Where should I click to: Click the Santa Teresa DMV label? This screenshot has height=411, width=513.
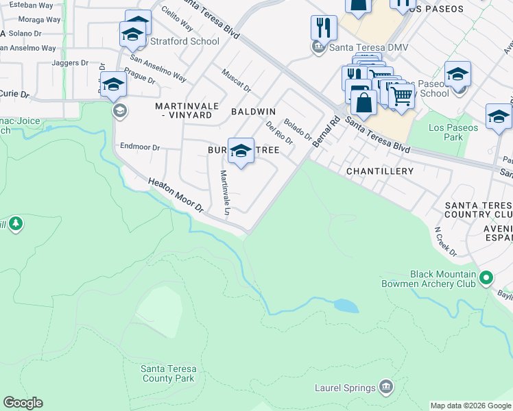pyautogui.click(x=362, y=47)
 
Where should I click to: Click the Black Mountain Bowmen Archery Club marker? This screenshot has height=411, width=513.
pyautogui.click(x=486, y=278)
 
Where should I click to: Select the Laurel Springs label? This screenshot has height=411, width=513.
pyautogui.click(x=345, y=388)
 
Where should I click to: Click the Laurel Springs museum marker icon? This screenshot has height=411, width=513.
pyautogui.click(x=386, y=388)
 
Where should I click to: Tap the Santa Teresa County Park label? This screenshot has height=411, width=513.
pyautogui.click(x=168, y=373)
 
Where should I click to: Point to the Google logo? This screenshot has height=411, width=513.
pyautogui.click(x=23, y=403)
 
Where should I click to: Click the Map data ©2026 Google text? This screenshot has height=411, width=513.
pyautogui.click(x=470, y=406)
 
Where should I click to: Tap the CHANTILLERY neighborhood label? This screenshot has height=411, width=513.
pyautogui.click(x=380, y=171)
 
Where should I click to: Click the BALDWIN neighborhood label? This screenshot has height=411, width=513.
pyautogui.click(x=253, y=111)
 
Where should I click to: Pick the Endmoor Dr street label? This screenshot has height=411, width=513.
pyautogui.click(x=139, y=147)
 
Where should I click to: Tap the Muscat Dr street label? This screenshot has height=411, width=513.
pyautogui.click(x=236, y=82)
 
